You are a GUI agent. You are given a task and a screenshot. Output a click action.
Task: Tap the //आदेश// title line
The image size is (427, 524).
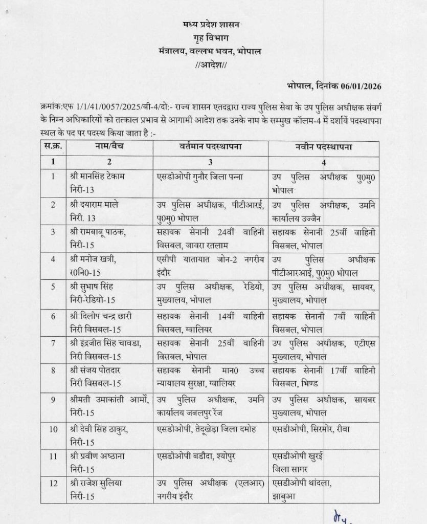click(x=214, y=65)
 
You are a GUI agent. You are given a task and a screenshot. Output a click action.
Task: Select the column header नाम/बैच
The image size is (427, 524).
click(x=107, y=146)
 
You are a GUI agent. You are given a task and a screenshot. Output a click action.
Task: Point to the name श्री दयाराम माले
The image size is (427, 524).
click(x=96, y=204)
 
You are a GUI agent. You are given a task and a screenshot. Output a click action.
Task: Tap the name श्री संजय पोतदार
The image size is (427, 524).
click(x=96, y=370)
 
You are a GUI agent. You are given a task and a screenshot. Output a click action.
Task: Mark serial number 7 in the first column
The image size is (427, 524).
click(x=53, y=341)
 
